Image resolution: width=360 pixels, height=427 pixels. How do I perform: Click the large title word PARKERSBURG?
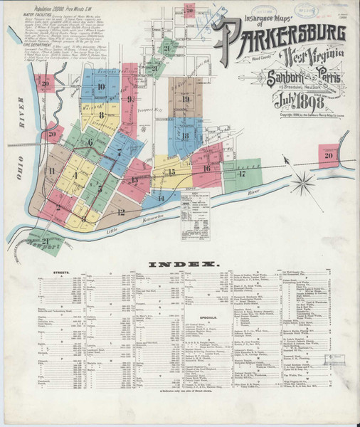pos(282,33)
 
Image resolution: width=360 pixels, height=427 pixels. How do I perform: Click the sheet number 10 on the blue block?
pos(101,88)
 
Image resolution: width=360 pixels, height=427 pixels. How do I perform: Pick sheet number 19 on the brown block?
pos(185,100)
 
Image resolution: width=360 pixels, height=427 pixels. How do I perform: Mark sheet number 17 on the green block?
pos(242,173)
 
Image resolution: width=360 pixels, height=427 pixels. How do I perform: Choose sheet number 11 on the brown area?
pos(51,171)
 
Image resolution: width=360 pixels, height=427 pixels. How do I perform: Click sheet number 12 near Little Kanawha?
pos(122,211)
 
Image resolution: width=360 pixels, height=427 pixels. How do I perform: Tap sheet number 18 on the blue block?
pos(184,136)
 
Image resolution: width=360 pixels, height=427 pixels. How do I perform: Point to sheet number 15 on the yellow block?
pos(171,172)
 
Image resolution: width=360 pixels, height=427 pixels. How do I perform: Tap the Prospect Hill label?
pos(149,117)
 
